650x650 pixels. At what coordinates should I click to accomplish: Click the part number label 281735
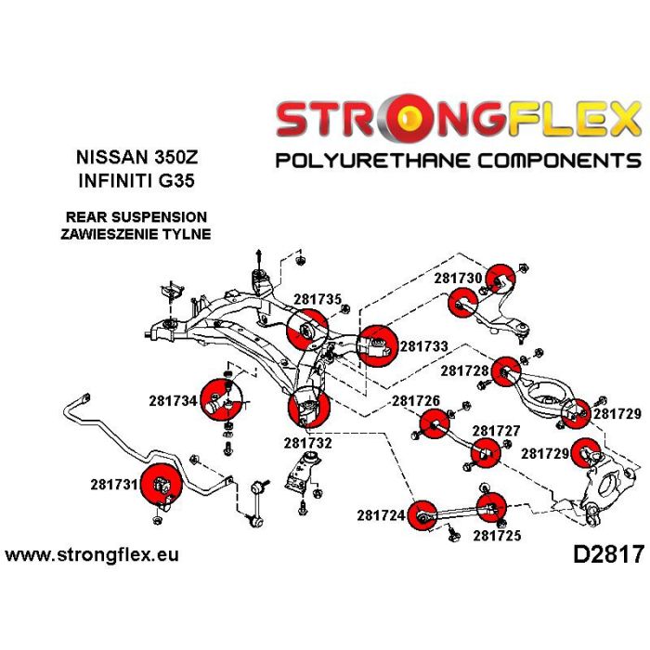pyautogui.click(x=318, y=300)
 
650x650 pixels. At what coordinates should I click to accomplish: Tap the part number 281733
pyautogui.click(x=424, y=345)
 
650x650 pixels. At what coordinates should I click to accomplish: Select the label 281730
pyautogui.click(x=458, y=278)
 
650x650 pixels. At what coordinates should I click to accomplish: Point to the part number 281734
pyautogui.click(x=173, y=401)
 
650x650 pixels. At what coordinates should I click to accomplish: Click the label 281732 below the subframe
pyautogui.click(x=308, y=444)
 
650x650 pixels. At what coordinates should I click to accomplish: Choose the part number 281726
pyautogui.click(x=415, y=401)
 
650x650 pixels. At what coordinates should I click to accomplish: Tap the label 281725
pyautogui.click(x=498, y=535)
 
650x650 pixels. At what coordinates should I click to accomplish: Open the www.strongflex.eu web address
pyautogui.click(x=92, y=555)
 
